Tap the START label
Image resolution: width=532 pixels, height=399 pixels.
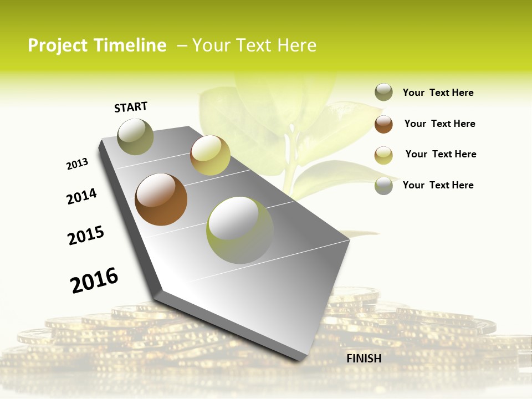pos(131,107)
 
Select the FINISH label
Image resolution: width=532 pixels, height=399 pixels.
pos(364,359)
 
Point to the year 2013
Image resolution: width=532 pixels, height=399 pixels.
pos(77,164)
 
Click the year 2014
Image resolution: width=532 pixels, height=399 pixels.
pos(81,197)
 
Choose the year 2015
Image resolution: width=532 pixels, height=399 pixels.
pos(86,236)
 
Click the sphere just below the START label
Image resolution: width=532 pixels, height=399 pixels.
pos(136,136)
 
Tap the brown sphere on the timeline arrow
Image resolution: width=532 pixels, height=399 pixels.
pos(161,199)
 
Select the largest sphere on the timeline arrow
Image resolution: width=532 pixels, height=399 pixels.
pos(240,230)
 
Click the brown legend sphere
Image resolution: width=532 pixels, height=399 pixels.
pos(383,124)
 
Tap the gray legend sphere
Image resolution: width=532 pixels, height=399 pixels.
pos(383,186)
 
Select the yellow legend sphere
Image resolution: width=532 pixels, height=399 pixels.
pos(383,155)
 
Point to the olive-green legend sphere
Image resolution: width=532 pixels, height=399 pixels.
pos(383,93)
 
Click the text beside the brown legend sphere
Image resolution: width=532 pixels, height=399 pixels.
pos(439,124)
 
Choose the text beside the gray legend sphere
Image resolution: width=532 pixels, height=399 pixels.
pos(438,185)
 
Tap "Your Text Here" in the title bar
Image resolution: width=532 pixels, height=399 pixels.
pos(254,45)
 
